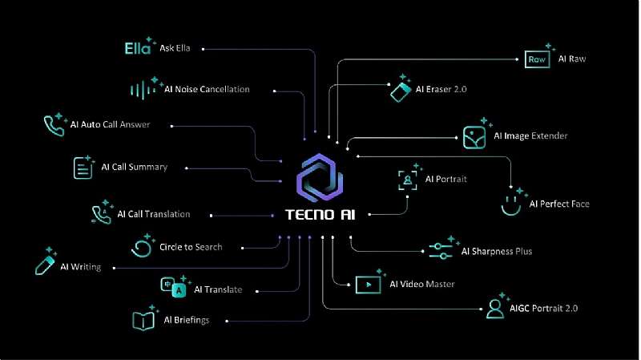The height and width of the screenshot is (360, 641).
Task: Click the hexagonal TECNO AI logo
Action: click(320, 177)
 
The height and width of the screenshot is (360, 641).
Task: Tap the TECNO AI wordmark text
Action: click(320, 214)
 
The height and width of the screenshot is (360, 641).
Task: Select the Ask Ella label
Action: click(175, 48)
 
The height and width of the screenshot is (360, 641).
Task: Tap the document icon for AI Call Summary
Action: click(84, 167)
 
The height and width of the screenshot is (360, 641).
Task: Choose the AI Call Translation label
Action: click(154, 214)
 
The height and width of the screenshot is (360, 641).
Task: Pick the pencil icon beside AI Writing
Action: click(46, 261)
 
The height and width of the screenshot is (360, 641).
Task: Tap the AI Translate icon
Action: click(175, 286)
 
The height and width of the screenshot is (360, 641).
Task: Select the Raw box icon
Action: click(537, 59)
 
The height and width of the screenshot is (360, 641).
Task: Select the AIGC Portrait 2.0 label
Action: click(543, 309)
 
